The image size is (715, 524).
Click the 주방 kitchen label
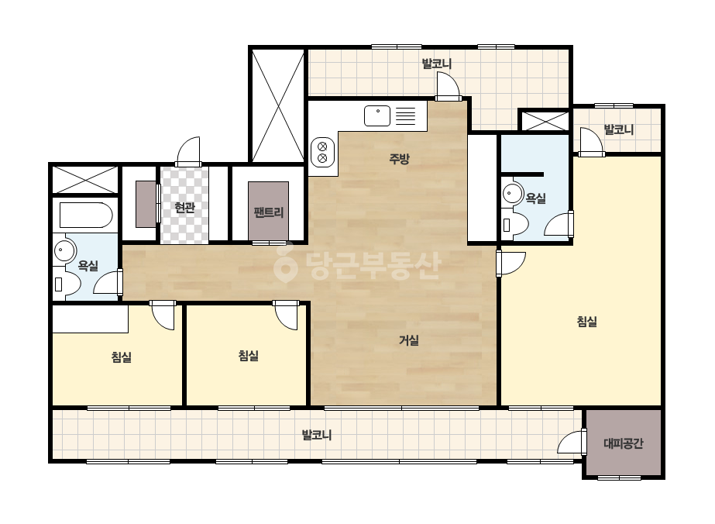click(x=399, y=159)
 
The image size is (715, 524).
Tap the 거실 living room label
click(x=408, y=340)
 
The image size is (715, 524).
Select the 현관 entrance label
click(x=184, y=208)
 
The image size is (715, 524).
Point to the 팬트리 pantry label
click(x=269, y=212)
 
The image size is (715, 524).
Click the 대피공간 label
click(x=624, y=443)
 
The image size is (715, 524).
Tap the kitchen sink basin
click(x=377, y=115)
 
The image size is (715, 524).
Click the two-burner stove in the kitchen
click(x=322, y=153)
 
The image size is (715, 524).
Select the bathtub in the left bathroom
click(x=86, y=215)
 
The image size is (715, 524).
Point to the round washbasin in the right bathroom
click(x=513, y=193)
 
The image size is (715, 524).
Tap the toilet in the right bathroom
click(x=515, y=225)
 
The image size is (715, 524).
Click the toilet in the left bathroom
click(x=67, y=284)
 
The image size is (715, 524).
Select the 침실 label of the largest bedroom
click(x=587, y=322)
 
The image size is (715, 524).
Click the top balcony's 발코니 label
click(x=436, y=64)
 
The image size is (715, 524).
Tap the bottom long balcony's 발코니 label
click(x=317, y=435)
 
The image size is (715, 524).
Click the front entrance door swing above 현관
click(x=188, y=151)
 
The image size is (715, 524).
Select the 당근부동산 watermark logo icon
click(x=285, y=264)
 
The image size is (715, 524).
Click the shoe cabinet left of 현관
click(x=146, y=204)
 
